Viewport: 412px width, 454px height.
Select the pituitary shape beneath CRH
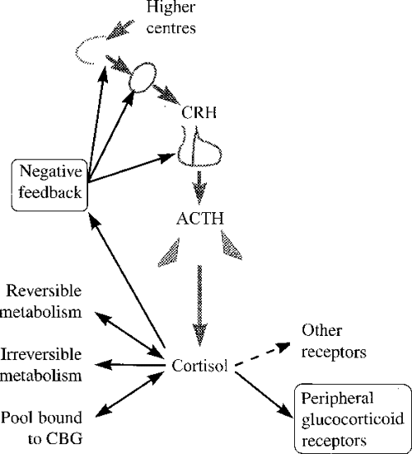tap(198, 148)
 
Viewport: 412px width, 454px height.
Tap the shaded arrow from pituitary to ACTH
tap(198, 189)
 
